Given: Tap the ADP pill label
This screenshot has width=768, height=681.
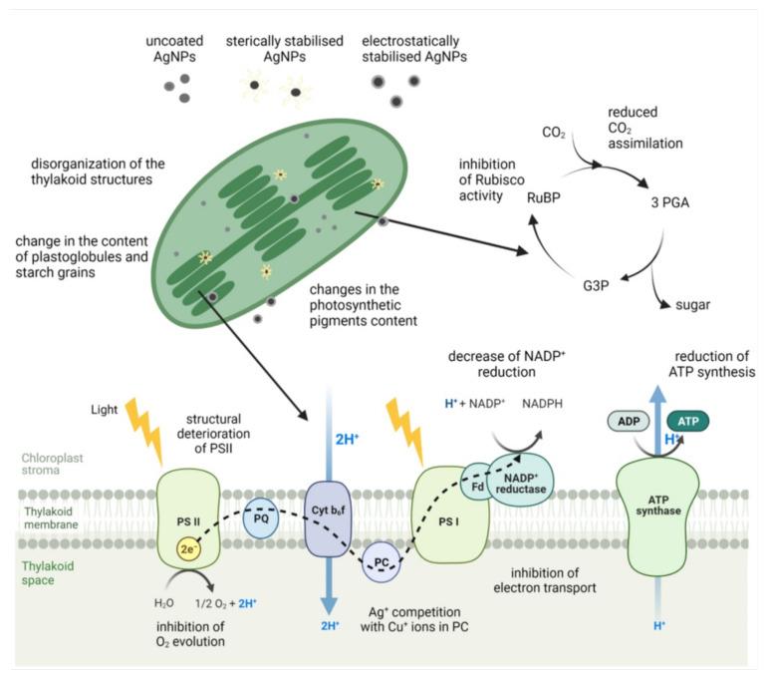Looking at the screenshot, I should pos(628,422).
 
